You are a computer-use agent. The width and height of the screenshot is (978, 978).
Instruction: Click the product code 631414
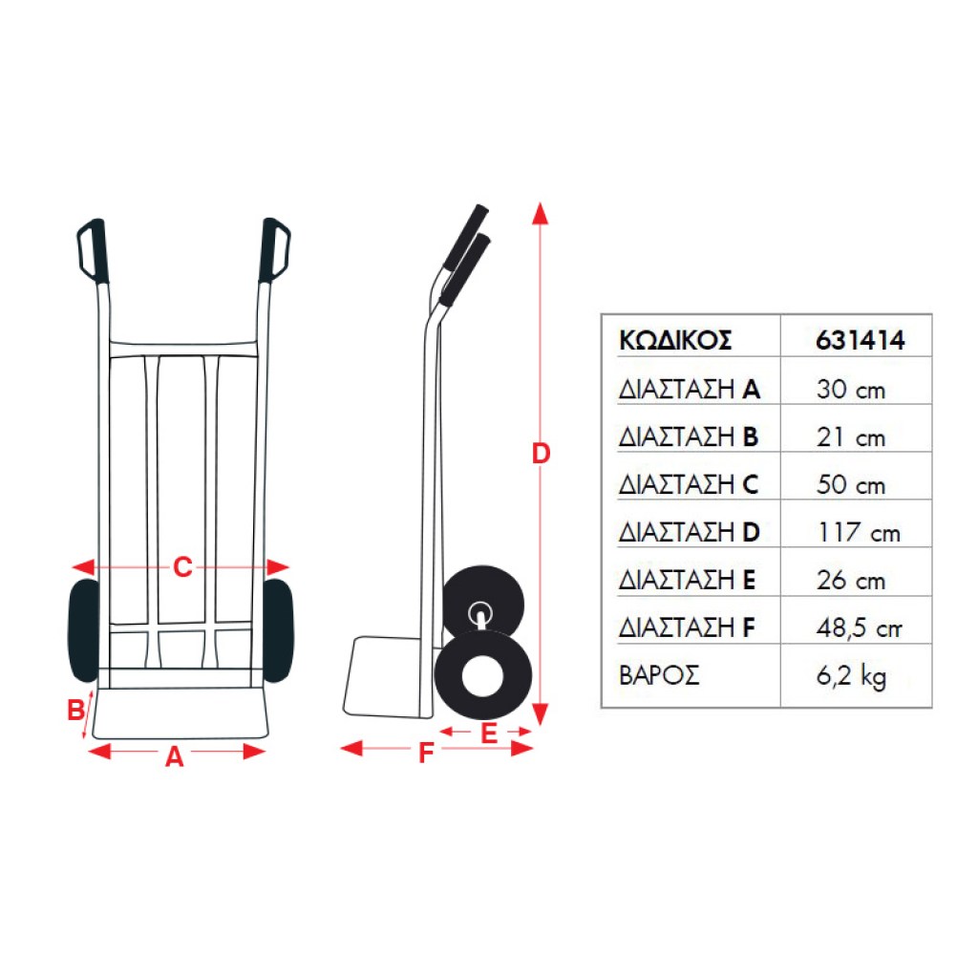coord(861,341)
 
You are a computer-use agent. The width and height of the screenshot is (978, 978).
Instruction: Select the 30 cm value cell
coord(851,390)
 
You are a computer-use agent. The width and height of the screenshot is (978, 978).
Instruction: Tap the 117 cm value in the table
coord(859,533)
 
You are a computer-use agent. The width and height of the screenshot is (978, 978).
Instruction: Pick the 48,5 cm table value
coord(859,628)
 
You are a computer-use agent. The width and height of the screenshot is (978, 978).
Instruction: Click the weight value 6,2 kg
coord(851,676)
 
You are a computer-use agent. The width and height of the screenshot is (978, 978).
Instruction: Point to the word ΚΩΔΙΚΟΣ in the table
coord(675,341)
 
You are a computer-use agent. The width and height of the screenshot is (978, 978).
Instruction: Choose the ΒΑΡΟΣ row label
coord(659,675)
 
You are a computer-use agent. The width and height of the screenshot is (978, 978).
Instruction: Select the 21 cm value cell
coord(851,437)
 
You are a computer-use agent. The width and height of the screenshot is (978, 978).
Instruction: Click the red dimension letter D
coord(541,454)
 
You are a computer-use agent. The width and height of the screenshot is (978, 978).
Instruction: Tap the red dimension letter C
coord(182,567)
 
